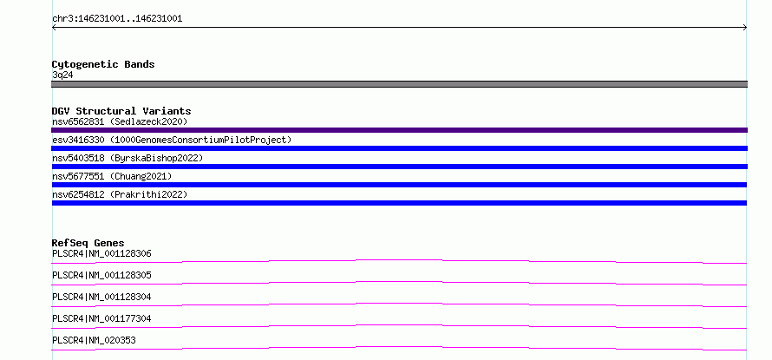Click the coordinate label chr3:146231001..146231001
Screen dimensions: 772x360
click(117, 19)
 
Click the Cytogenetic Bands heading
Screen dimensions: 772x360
click(103, 64)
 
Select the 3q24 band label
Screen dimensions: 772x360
click(62, 75)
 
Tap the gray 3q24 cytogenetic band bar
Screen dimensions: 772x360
click(399, 84)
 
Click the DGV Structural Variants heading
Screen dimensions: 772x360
click(121, 111)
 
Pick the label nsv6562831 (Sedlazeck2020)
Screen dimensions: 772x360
click(120, 121)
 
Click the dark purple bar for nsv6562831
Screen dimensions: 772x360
click(399, 130)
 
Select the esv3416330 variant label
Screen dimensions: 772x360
click(78, 140)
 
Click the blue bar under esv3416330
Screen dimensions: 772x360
click(399, 148)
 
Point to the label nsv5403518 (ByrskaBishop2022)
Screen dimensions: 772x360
click(128, 158)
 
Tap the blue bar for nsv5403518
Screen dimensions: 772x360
click(399, 167)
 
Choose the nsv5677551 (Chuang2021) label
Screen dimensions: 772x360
click(112, 176)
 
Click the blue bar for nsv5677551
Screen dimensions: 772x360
click(399, 185)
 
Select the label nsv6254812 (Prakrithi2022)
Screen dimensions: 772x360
click(120, 194)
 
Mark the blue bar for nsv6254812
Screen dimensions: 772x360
click(399, 203)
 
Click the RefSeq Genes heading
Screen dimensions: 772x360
click(88, 243)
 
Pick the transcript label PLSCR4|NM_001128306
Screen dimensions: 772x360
click(101, 254)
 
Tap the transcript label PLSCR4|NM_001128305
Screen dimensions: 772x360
click(101, 276)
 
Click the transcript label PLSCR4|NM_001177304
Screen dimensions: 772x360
click(101, 319)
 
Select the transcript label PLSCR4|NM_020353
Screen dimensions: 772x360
click(94, 341)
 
